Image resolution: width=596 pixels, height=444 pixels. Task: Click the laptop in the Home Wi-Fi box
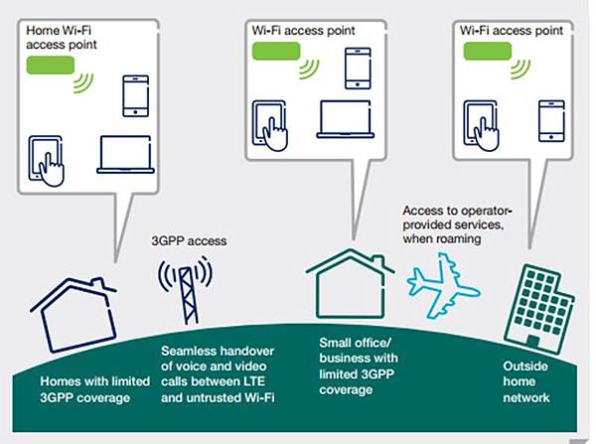coord(128,155)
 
